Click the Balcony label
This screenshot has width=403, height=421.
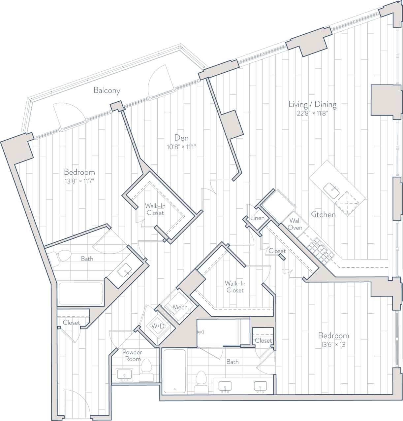pos(107,90)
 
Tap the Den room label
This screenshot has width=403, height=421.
pos(181,138)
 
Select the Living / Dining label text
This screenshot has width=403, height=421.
pos(312,105)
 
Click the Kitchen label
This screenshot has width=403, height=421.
pos(323,215)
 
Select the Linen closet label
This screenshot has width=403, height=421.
pos(257,218)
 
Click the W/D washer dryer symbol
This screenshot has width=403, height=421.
pos(158,326)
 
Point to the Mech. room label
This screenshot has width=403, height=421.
pos(180,307)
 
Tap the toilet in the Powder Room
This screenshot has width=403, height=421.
pos(145,370)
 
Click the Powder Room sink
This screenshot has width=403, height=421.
pos(124,375)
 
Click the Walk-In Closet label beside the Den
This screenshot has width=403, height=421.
pos(155,209)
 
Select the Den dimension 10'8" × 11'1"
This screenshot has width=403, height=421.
pos(181,147)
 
